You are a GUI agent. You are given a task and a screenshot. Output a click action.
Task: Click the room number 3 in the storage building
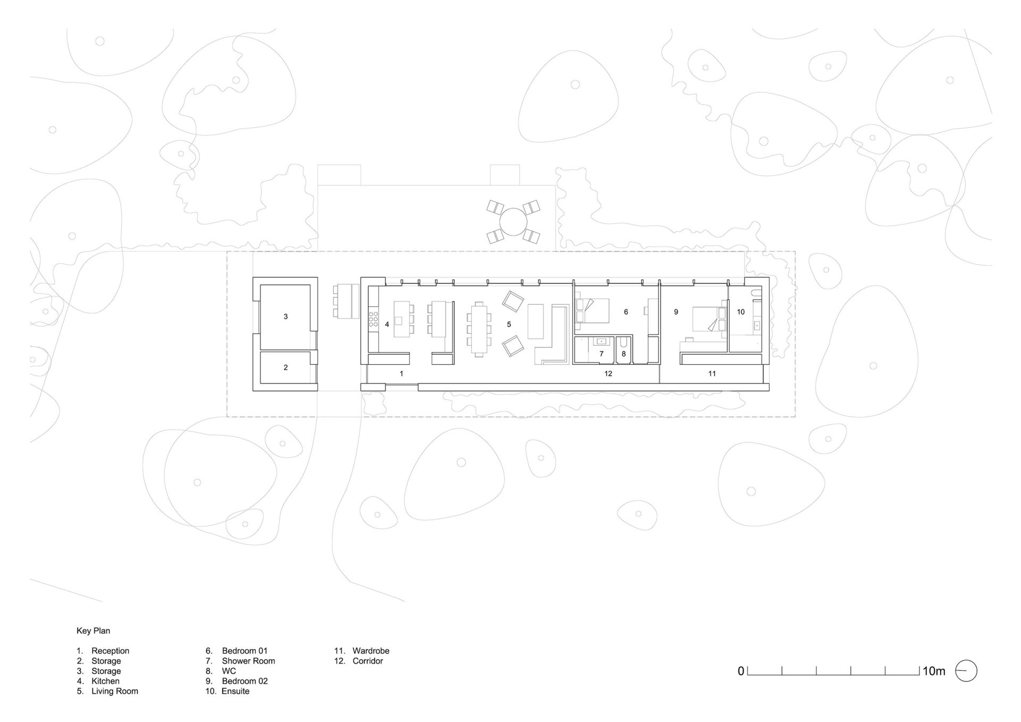286,316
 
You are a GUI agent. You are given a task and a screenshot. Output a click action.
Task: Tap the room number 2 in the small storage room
286,367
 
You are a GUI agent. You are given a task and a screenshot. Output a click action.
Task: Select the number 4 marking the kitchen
387,324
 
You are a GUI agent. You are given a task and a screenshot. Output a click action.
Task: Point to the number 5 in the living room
509,324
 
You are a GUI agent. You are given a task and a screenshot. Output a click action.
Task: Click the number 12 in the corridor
608,374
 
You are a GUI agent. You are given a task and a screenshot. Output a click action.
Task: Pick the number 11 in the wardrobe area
712,374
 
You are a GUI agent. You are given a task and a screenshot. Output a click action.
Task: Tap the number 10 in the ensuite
741,312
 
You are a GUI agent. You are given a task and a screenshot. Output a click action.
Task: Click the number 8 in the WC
624,354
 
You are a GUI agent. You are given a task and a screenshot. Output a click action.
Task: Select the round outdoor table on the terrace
513,222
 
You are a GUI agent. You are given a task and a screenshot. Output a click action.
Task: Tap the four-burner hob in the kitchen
373,319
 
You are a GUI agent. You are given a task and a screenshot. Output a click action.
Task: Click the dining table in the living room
480,329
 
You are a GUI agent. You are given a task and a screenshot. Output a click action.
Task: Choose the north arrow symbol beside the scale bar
967,671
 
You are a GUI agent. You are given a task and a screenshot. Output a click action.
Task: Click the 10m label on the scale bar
934,671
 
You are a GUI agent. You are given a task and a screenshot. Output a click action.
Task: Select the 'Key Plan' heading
93,631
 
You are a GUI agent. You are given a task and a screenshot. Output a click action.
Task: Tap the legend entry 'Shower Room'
248,661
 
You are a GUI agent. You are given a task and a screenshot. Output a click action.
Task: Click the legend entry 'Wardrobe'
371,651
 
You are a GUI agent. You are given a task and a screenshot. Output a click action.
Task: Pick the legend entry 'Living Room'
114,691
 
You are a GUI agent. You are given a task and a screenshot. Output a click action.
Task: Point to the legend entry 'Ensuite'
236,691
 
